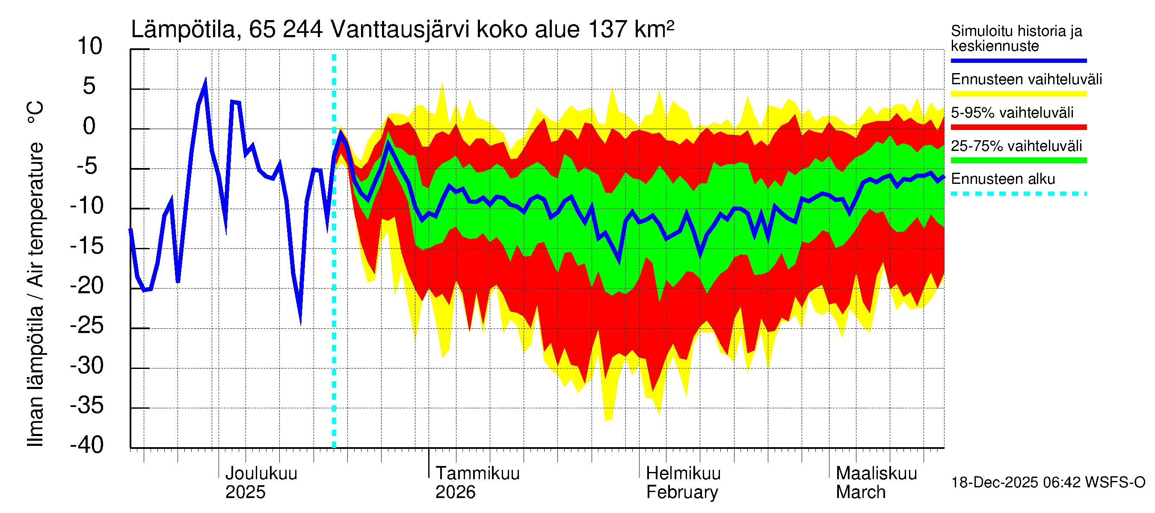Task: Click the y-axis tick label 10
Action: (x=90, y=46)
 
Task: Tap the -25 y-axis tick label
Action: (x=87, y=325)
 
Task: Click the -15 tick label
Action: (x=87, y=245)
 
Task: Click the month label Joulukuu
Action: (x=261, y=473)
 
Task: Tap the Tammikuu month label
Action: (x=477, y=473)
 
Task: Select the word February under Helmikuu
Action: (x=682, y=492)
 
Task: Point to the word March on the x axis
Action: (x=860, y=492)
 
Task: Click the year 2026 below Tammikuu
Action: (x=455, y=492)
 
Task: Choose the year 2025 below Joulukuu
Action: (x=245, y=492)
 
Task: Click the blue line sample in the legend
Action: (x=1018, y=60)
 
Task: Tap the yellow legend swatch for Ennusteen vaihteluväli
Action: (x=1018, y=94)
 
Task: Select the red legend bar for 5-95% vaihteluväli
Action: (x=1018, y=127)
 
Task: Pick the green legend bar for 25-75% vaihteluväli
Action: (x=1018, y=160)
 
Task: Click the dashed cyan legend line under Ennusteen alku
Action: (x=1018, y=194)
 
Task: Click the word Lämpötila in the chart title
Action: (x=184, y=30)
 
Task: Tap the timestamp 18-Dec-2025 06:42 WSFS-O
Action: (x=1048, y=483)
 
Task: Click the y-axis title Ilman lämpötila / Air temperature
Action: (x=36, y=273)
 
